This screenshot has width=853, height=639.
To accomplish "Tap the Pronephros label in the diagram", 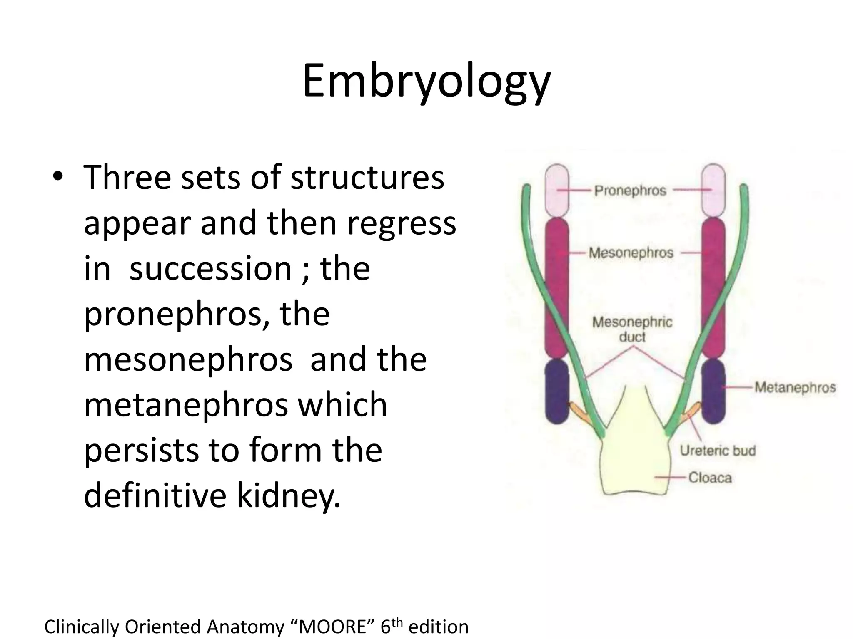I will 630,191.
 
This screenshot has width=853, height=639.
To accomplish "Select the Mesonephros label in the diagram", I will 631,253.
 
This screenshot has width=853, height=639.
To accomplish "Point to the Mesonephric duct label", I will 632,329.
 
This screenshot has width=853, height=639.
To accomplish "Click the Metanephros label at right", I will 795,387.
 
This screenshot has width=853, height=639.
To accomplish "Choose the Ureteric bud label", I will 718,451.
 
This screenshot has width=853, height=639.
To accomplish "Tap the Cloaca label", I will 710,477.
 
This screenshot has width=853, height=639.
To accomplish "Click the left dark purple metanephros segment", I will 557,391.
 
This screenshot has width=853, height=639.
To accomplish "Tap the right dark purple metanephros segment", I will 713,391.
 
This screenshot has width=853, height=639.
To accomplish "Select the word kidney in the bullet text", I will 288,495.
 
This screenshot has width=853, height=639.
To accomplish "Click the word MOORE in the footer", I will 332,627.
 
